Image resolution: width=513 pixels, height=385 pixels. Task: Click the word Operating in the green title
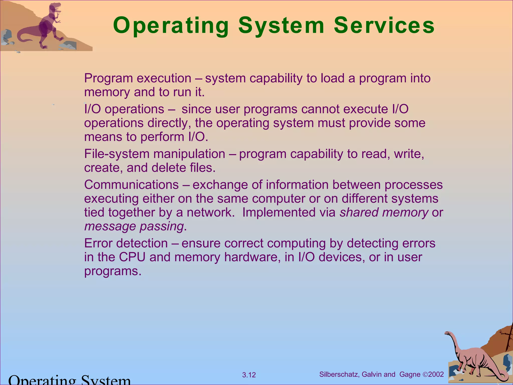[171, 26]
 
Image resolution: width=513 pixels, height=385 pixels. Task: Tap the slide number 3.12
[249, 375]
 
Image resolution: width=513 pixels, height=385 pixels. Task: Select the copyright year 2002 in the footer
[436, 374]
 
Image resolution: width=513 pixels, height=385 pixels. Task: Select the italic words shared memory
[384, 212]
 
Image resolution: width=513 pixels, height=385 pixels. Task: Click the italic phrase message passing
[134, 226]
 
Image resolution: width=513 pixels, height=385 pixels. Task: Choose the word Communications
[131, 185]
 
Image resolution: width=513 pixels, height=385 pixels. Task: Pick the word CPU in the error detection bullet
[132, 257]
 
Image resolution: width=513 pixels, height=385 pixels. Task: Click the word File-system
[117, 154]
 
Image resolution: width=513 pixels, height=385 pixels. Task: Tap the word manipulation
[189, 154]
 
